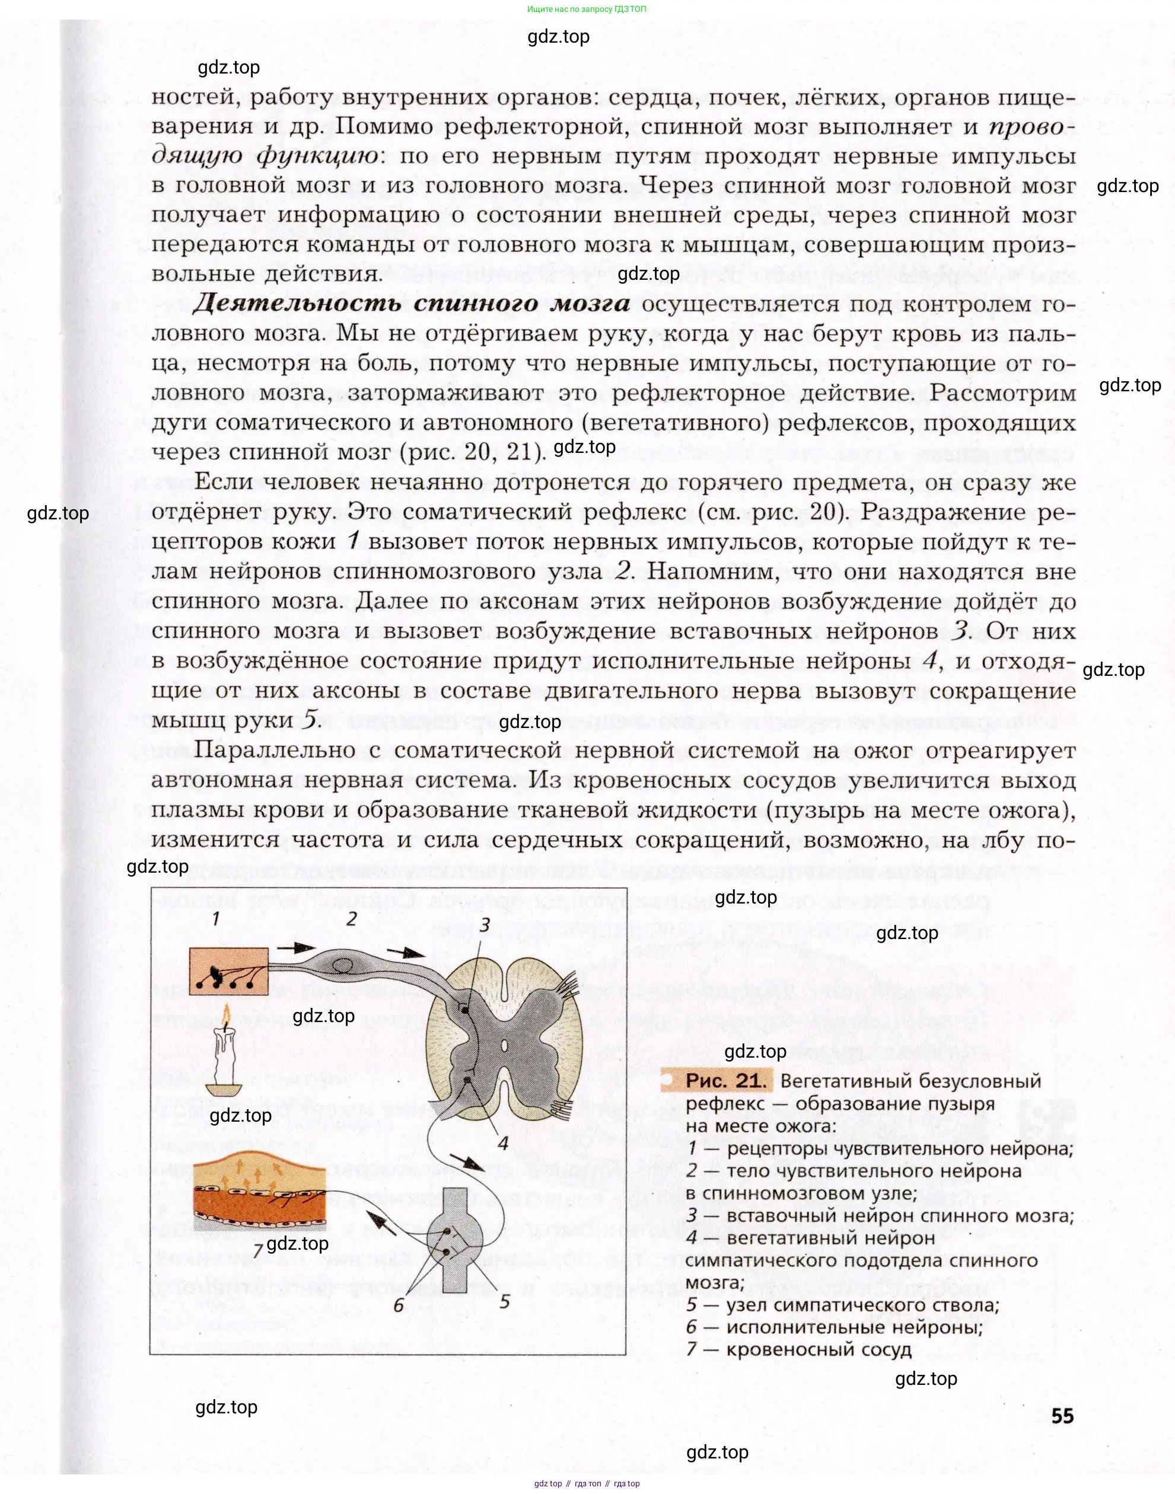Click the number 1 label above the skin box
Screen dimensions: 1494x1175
tap(216, 918)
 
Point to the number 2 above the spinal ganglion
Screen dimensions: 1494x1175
tap(352, 920)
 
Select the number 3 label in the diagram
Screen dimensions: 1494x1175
tap(485, 925)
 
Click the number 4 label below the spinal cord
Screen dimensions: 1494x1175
tap(503, 1142)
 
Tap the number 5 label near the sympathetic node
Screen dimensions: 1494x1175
tap(505, 1301)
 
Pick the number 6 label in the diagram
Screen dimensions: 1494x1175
tap(399, 1304)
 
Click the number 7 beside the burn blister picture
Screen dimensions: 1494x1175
tap(257, 1250)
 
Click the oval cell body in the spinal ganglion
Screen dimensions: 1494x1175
tap(342, 966)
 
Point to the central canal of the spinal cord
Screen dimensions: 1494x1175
tap(504, 1046)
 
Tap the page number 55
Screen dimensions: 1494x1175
tap(1062, 1416)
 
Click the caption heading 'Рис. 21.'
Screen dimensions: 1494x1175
tap(725, 1081)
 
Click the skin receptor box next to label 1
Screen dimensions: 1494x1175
tap(229, 970)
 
